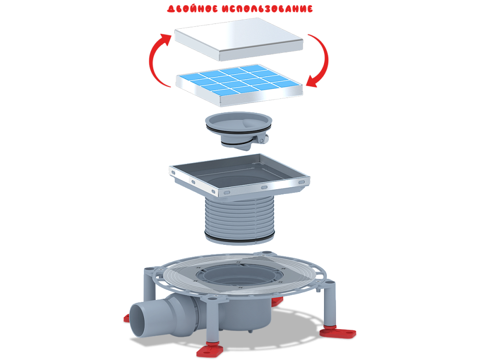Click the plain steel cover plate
pos(239,38)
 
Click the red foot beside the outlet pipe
pos(127,317)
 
